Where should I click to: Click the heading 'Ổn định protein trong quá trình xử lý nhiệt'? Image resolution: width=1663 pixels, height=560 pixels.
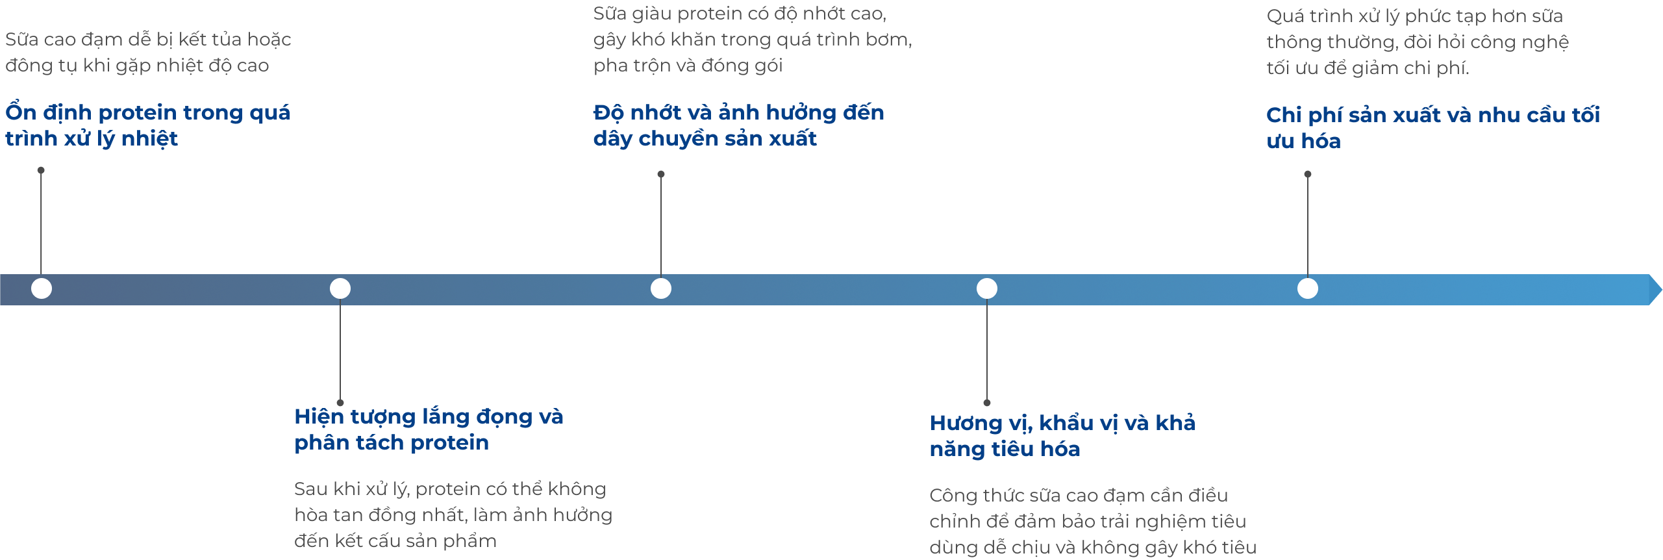[x=148, y=125]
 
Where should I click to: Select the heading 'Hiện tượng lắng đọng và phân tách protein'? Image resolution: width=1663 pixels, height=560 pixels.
[x=429, y=429]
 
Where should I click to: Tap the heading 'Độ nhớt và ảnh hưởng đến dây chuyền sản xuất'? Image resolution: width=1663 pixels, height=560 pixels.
[x=738, y=125]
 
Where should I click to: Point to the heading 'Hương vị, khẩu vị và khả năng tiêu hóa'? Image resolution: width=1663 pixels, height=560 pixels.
[x=1062, y=435]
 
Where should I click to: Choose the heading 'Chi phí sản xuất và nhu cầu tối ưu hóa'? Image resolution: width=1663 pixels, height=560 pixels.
[x=1433, y=127]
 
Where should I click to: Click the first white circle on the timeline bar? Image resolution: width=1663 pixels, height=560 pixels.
[x=42, y=288]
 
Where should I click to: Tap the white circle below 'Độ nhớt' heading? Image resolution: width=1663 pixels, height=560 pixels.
[x=661, y=288]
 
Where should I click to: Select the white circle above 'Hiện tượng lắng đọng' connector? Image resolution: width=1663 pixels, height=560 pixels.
[x=340, y=288]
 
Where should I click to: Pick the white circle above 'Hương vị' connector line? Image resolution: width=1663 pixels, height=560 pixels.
[x=987, y=288]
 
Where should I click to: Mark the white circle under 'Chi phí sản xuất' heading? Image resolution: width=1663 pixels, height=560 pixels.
[x=1308, y=288]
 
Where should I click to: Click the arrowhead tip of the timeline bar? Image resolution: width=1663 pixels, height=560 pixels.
[x=1662, y=290]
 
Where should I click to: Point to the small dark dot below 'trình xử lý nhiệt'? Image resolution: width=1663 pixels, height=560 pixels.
[x=41, y=170]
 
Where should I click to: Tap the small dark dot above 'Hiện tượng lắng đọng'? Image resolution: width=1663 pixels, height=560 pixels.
[x=340, y=403]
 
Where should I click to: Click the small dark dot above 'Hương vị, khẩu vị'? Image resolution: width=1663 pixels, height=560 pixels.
[x=987, y=403]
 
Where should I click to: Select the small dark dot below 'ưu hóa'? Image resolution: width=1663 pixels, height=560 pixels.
[x=1308, y=174]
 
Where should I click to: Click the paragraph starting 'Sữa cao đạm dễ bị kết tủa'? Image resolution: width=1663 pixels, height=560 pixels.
[x=148, y=53]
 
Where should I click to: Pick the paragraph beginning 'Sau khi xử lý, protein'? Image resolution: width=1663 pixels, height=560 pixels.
[x=453, y=515]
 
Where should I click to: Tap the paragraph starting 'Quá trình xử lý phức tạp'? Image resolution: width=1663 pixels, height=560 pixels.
[x=1418, y=42]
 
